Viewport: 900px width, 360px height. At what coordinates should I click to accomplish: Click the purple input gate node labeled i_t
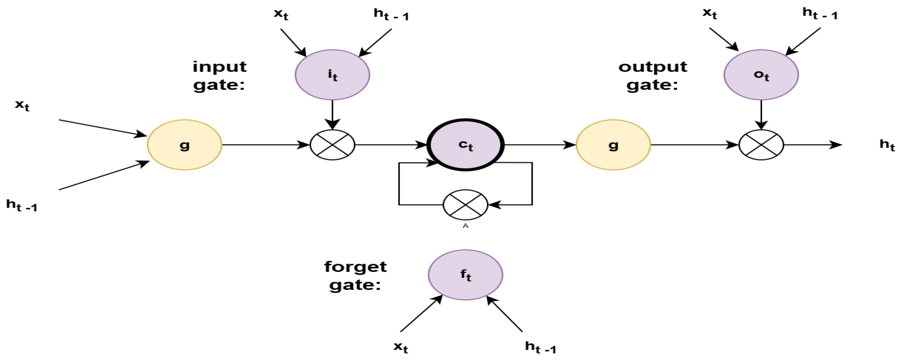(x=332, y=75)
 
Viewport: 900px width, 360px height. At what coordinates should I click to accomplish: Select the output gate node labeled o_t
(x=761, y=75)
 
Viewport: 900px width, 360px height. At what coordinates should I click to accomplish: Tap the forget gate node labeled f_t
(x=465, y=275)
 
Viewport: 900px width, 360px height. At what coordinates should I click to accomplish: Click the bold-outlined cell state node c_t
(x=465, y=145)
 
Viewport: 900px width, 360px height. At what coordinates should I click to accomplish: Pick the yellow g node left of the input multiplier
(x=184, y=145)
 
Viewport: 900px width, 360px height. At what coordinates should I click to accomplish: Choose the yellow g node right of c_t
(x=613, y=145)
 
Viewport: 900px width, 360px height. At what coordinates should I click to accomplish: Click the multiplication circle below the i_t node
(x=332, y=145)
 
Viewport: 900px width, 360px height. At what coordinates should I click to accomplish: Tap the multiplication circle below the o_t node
(x=761, y=145)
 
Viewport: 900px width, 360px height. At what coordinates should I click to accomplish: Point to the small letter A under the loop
(x=465, y=226)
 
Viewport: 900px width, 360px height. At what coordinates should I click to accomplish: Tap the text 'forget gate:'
(x=355, y=276)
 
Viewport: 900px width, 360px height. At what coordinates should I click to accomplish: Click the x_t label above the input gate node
(x=281, y=14)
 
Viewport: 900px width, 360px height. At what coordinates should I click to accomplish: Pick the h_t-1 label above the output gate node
(x=820, y=14)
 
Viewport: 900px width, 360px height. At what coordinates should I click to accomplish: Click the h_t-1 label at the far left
(x=22, y=205)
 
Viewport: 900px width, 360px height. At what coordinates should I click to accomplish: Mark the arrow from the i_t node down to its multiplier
(x=332, y=115)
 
